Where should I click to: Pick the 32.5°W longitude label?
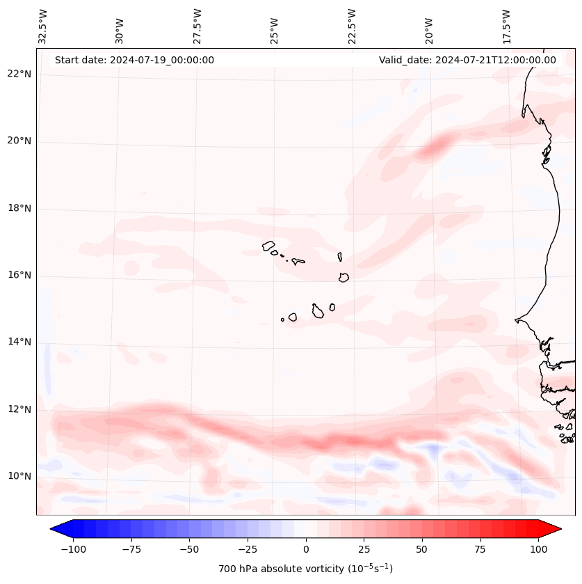(x=43, y=26)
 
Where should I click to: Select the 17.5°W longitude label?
(x=506, y=26)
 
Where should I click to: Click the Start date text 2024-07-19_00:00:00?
(x=134, y=60)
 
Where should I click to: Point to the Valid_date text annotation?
(x=467, y=60)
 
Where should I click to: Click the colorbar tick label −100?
(x=73, y=549)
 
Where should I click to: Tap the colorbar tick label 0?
(x=306, y=549)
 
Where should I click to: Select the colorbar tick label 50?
(x=422, y=549)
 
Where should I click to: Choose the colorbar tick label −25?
(x=248, y=549)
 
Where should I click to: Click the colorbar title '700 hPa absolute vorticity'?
(x=306, y=569)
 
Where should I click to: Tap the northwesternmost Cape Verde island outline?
(x=268, y=245)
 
